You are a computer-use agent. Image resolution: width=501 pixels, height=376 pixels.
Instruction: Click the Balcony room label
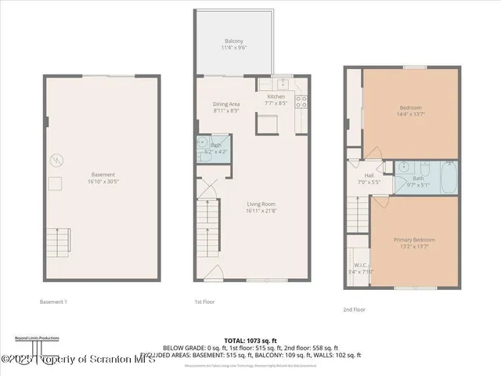(x=233, y=41)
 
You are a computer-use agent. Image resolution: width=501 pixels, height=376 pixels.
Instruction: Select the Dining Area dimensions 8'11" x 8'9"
(x=226, y=110)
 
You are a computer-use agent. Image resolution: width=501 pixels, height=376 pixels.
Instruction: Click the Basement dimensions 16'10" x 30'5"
(x=103, y=181)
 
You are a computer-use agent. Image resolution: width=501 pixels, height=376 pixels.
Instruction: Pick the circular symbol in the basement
(x=56, y=161)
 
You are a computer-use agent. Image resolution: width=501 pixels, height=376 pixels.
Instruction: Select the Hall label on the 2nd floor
(x=369, y=175)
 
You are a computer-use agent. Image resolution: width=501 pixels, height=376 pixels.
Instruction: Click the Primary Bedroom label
(x=413, y=239)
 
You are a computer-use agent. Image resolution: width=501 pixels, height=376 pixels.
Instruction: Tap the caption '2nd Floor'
(x=354, y=309)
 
